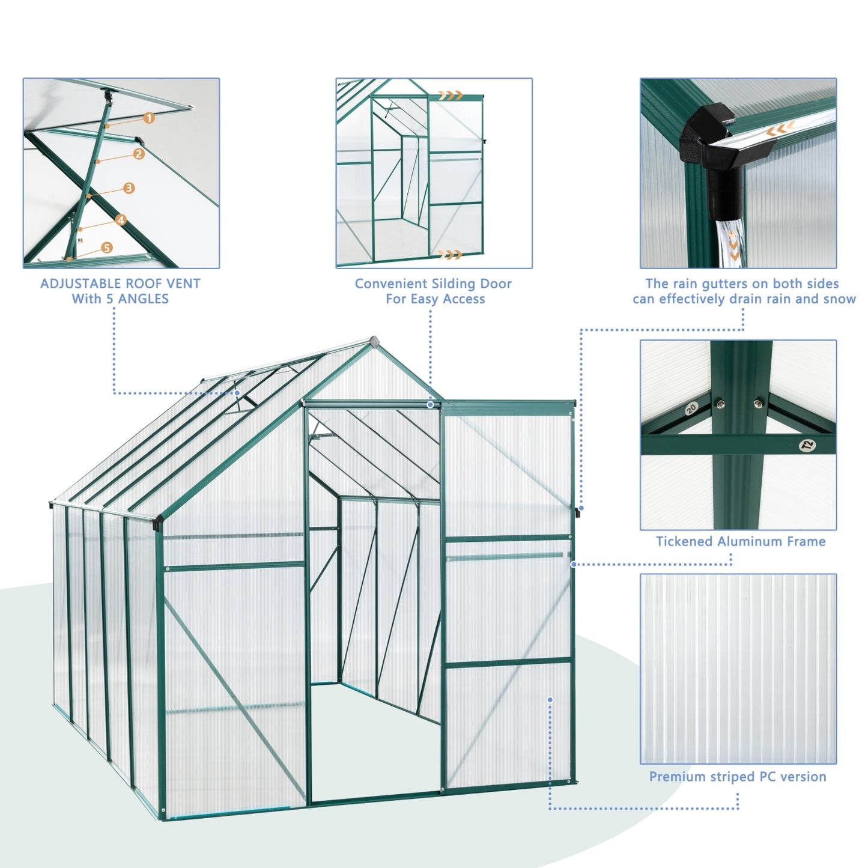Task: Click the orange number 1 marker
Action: pyautogui.click(x=148, y=118)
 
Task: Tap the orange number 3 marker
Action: pyautogui.click(x=129, y=189)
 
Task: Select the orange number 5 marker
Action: pyautogui.click(x=106, y=247)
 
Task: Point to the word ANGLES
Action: pyautogui.click(x=142, y=299)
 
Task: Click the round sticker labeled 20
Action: pyautogui.click(x=691, y=408)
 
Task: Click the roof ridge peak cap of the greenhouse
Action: pyautogui.click(x=375, y=341)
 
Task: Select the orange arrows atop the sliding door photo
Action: pyautogui.click(x=450, y=95)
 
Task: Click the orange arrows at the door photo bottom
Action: pyautogui.click(x=450, y=255)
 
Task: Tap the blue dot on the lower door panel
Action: pyautogui.click(x=550, y=699)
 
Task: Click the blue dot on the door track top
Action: pyautogui.click(x=430, y=405)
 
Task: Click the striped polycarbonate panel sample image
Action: pyautogui.click(x=738, y=669)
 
